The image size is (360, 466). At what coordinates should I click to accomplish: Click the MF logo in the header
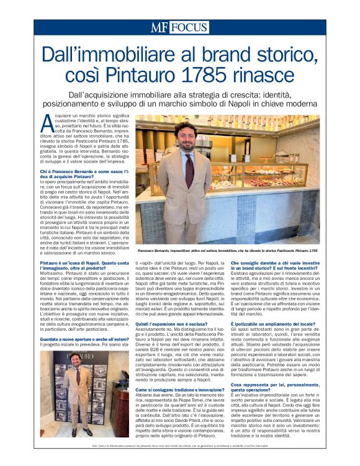(x=160, y=27)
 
